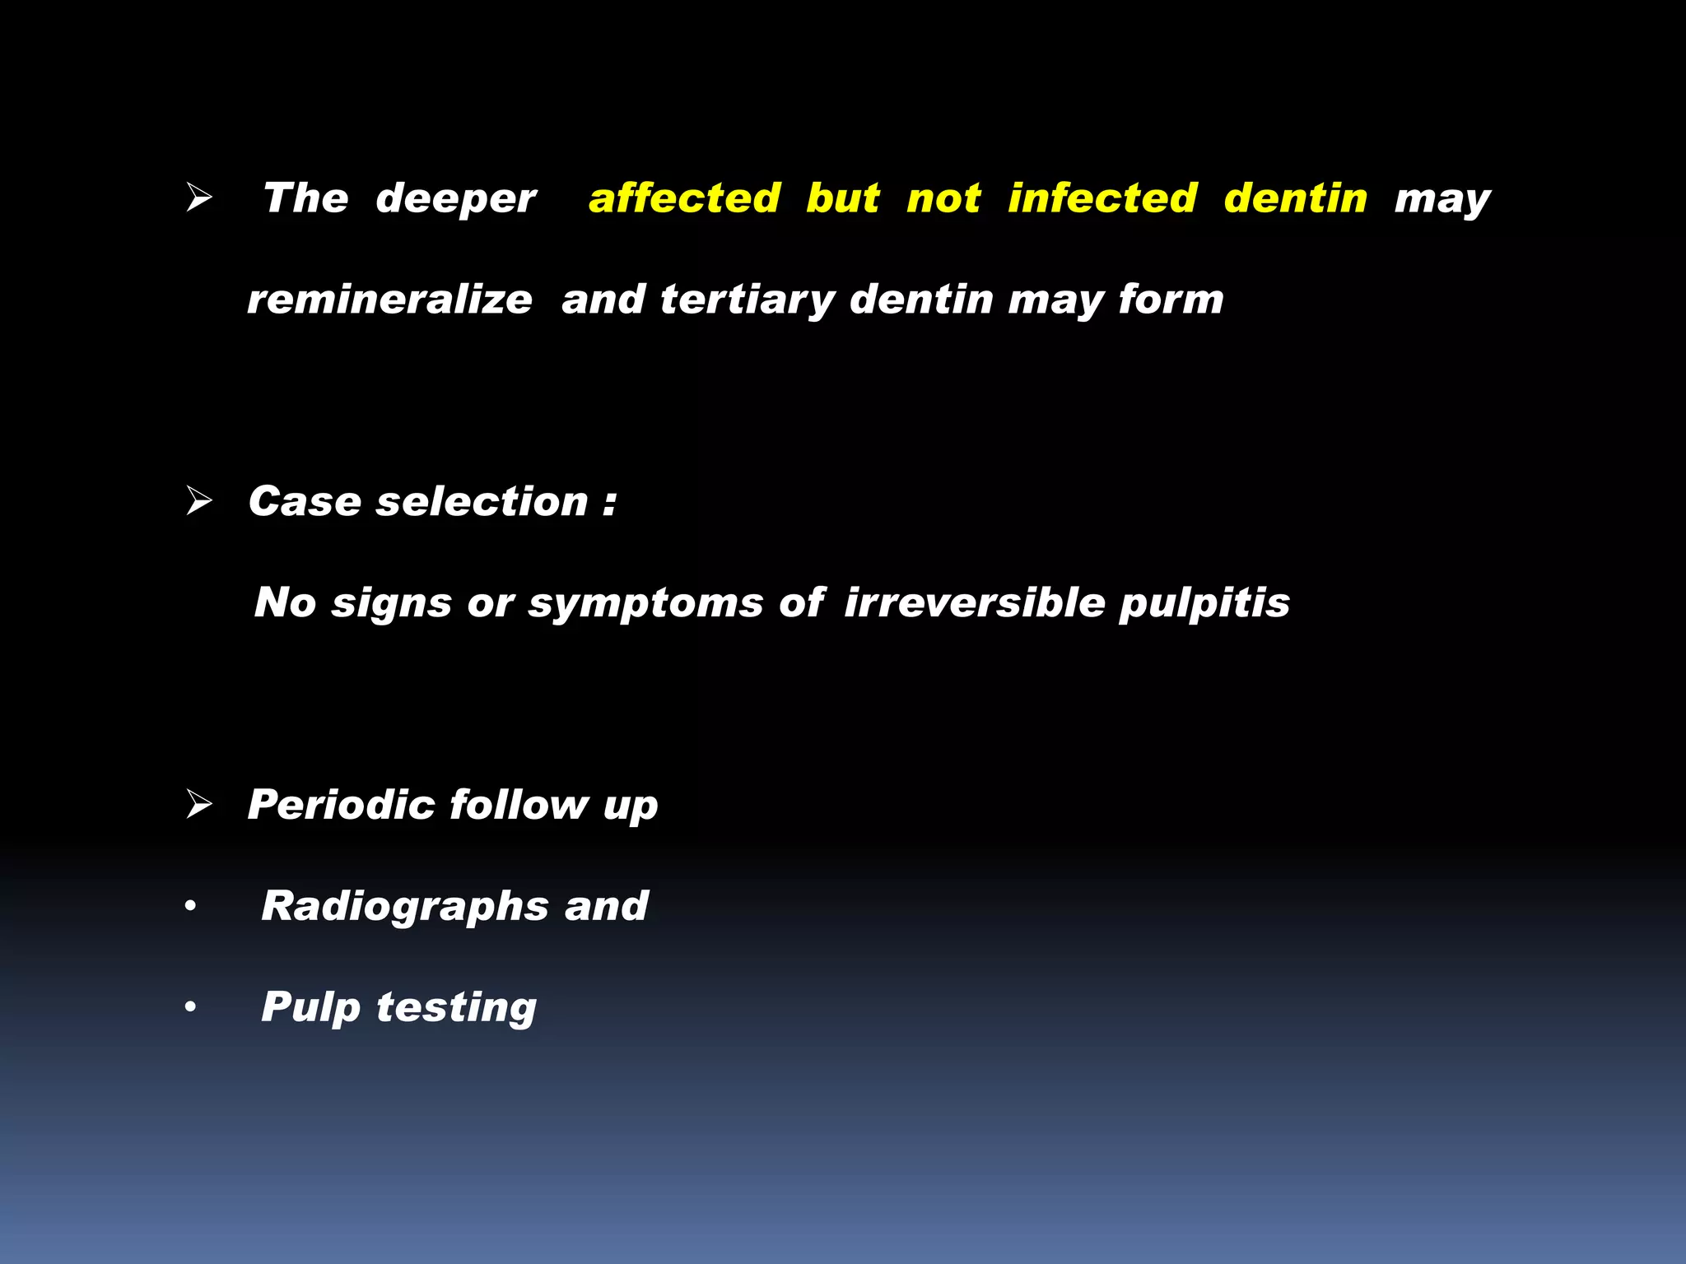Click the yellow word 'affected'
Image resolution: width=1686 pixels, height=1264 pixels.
pos(684,198)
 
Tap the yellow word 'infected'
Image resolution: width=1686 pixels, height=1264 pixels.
pos(1102,198)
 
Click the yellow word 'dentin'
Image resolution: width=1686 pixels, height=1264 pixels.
pos(1295,198)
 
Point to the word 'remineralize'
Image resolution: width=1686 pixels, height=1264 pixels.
pos(389,300)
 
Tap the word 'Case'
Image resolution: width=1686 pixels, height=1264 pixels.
pos(305,501)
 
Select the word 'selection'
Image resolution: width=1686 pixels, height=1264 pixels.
pos(482,501)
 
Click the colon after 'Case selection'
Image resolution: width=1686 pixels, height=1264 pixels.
pos(609,503)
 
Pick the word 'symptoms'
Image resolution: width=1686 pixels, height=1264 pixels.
pos(646,604)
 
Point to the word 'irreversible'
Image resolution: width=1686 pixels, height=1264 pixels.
pos(975,602)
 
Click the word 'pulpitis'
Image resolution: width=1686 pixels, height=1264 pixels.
pos(1204,604)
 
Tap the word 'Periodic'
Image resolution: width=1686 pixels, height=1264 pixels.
pos(341,804)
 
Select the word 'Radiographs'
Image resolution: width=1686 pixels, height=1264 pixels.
pos(405,907)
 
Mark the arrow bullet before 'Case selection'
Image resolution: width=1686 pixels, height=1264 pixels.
pos(198,500)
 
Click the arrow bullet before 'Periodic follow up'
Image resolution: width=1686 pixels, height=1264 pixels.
pos(198,803)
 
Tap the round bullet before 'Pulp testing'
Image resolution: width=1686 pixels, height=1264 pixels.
pos(191,1007)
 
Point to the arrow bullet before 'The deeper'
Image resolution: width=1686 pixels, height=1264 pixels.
pos(198,197)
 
